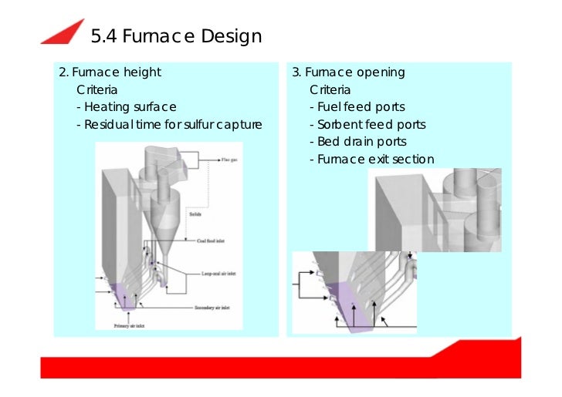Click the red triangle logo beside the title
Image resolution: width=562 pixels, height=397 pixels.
64,32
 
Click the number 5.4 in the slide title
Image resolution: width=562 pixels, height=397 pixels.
105,36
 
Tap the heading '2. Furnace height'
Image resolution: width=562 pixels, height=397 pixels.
110,72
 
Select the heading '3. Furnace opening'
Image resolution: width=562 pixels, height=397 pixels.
348,72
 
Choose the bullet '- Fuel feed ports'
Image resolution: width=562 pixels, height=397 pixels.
357,107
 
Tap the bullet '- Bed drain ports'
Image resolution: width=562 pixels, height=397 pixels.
357,142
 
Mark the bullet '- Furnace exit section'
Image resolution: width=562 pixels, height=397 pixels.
371,160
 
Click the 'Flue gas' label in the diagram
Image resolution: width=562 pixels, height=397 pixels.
229,160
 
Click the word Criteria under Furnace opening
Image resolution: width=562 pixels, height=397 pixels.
330,90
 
